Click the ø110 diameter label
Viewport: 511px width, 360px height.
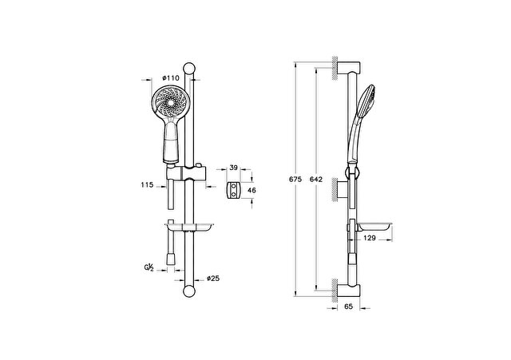click(x=171, y=78)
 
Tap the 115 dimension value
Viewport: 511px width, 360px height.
click(x=147, y=185)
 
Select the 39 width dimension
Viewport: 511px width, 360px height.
click(x=233, y=168)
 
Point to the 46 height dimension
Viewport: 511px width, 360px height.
click(x=252, y=190)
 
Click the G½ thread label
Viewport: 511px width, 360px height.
click(x=149, y=267)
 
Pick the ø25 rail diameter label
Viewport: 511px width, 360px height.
click(x=213, y=279)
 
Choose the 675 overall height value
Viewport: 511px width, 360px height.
click(x=295, y=179)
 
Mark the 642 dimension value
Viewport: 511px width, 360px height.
click(x=316, y=179)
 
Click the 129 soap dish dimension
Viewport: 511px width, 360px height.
click(x=369, y=238)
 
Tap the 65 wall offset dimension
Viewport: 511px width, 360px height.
click(x=348, y=307)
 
